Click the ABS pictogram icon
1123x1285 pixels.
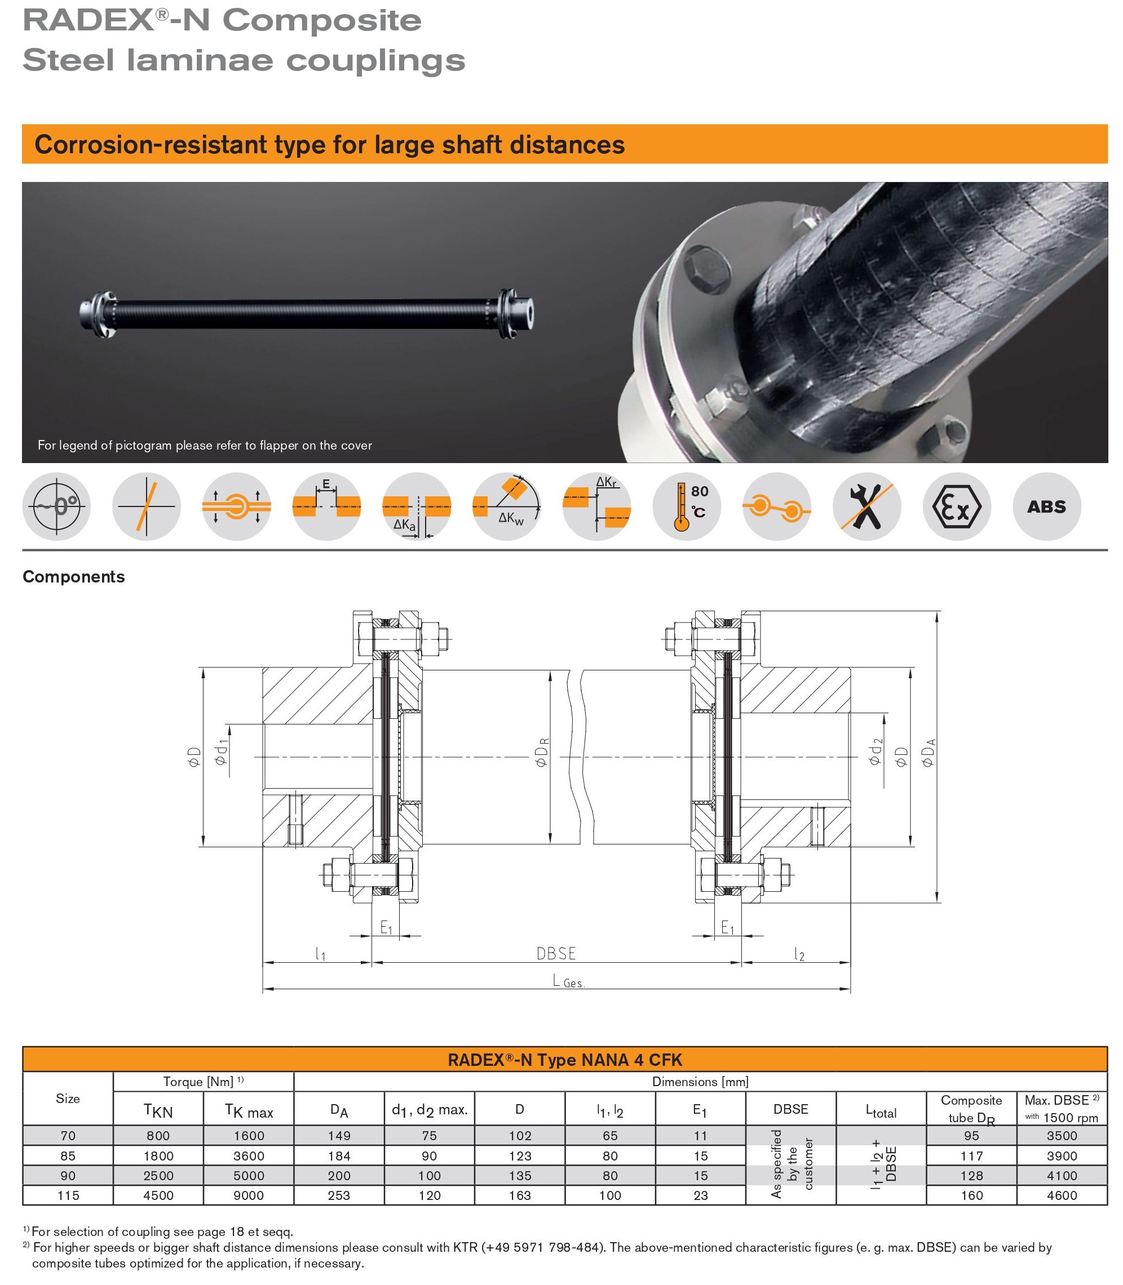coord(1046,506)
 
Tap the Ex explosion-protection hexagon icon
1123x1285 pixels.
coord(956,506)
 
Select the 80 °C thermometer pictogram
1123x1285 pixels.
coord(687,506)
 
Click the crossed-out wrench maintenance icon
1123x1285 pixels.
coord(866,506)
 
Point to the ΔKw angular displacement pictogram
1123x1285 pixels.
coord(506,506)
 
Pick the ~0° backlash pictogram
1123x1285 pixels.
coord(56,506)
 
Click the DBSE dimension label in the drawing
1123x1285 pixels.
coord(556,953)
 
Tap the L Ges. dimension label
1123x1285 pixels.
coord(568,981)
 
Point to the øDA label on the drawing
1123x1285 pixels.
coord(929,752)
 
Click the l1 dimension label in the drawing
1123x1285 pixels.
coord(320,954)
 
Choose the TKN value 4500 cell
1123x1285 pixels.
coord(158,1195)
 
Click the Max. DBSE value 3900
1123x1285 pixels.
coord(1062,1156)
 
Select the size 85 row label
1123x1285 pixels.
coord(68,1156)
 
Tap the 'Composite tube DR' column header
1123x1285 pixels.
coord(971,1109)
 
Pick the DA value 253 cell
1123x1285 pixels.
coord(339,1195)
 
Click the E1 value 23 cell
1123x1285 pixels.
coord(700,1195)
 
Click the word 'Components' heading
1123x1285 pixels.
coord(74,577)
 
